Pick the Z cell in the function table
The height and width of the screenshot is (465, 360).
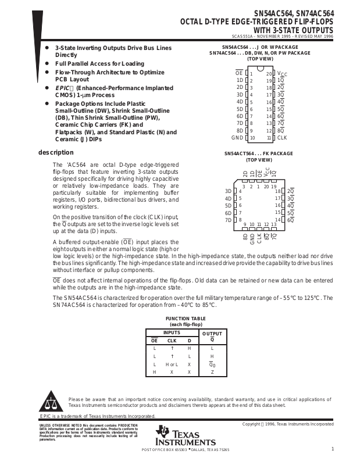click(x=212, y=371)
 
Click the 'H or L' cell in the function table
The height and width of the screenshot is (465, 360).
click(x=172, y=363)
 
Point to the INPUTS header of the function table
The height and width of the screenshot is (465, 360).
click(x=172, y=332)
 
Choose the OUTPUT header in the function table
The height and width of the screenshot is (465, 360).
click(x=212, y=332)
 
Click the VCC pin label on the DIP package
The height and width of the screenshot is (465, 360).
click(x=282, y=73)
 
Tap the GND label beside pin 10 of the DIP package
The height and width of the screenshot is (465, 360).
click(x=237, y=138)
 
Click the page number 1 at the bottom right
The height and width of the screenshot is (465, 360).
click(x=332, y=449)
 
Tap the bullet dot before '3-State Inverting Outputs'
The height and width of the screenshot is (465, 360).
click(x=47, y=47)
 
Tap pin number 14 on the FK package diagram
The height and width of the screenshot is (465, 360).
click(x=277, y=220)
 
